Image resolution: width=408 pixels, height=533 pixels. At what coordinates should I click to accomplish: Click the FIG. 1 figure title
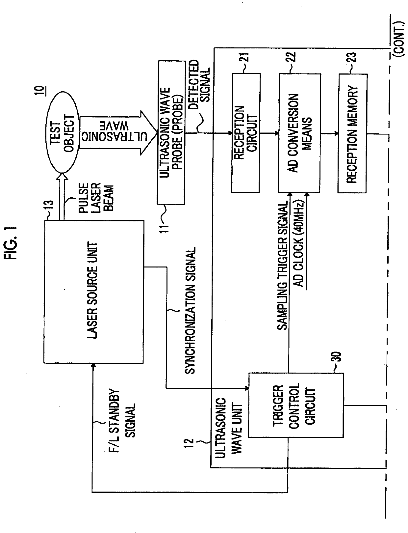pos(11,242)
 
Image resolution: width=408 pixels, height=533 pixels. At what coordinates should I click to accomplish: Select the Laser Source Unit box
pos(93,292)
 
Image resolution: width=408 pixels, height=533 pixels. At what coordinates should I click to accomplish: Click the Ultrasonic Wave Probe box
pos(171,132)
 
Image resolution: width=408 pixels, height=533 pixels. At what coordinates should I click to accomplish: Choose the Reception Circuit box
pos(245,133)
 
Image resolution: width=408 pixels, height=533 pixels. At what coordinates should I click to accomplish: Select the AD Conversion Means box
pos(299,133)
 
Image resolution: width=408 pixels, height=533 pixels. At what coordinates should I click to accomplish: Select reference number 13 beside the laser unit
pos(49,205)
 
